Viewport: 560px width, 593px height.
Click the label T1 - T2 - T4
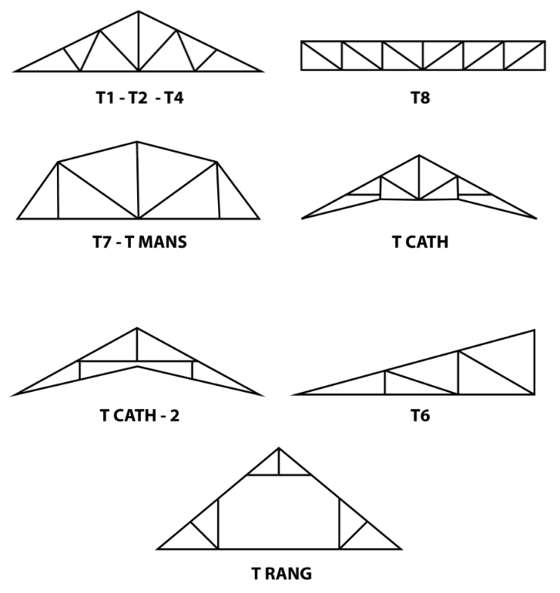[139, 99]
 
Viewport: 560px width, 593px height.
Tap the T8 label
[421, 99]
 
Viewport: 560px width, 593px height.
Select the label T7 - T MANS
[139, 243]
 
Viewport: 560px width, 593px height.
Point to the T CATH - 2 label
[139, 416]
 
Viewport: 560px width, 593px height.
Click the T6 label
[421, 416]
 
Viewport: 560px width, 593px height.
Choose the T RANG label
[281, 574]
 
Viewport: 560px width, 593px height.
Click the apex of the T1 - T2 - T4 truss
[139, 12]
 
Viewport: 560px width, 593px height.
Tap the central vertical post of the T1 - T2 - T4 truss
[139, 42]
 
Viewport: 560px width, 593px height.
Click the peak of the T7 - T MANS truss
[137, 142]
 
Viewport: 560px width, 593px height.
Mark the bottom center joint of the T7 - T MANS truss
[139, 218]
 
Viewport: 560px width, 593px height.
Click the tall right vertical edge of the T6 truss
[534, 362]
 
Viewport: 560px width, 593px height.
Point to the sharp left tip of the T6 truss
[295, 394]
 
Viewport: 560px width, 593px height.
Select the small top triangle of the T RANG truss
[279, 465]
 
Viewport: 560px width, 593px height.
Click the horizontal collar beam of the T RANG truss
[279, 475]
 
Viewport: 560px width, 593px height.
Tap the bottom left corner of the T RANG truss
[159, 548]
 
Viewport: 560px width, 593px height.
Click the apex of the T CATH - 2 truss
[137, 329]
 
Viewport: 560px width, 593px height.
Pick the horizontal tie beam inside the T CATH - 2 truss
[137, 360]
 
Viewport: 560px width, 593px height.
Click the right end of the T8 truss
[544, 55]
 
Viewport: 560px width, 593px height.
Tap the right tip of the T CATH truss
[535, 219]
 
